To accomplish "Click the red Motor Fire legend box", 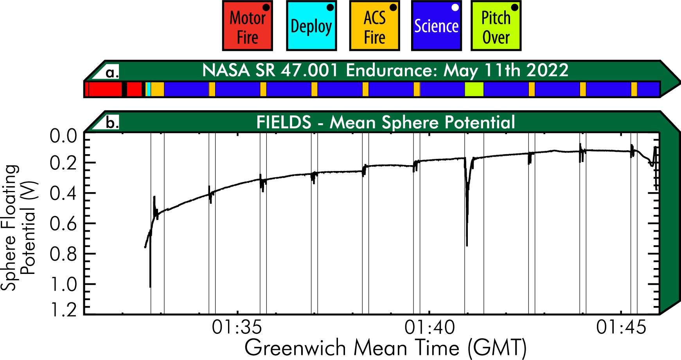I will pos(247,26).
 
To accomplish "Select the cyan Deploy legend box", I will pos(311,26).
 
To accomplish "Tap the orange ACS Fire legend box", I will pos(374,26).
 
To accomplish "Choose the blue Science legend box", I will pos(436,26).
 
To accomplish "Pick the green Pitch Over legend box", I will pos(496,26).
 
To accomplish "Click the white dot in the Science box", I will pos(455,7).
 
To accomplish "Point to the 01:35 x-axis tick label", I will pos(237,327).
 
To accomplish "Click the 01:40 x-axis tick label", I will pos(429,327).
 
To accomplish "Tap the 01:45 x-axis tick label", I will pos(621,327).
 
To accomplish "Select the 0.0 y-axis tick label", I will pos(63,137).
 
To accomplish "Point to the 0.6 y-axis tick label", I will pos(63,224).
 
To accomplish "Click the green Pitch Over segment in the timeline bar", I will pos(474,89).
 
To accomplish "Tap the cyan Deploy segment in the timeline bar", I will pos(149,89).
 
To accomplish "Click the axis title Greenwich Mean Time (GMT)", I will pos(386,347).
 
